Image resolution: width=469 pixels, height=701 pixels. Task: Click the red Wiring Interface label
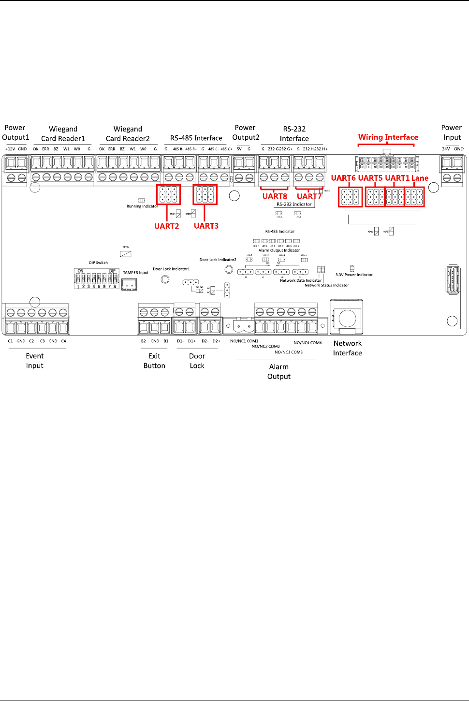(388, 137)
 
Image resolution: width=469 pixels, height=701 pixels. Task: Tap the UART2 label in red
(166, 226)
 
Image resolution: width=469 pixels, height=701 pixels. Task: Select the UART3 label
(206, 226)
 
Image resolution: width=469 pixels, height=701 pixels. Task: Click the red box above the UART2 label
(168, 194)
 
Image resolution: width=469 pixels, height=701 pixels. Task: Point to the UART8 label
(275, 196)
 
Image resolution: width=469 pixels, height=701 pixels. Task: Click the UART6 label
(343, 178)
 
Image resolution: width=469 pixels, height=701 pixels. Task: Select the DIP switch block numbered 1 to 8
(96, 279)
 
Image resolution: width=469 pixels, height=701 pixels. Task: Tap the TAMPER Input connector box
(129, 285)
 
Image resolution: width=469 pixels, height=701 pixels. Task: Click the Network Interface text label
(347, 348)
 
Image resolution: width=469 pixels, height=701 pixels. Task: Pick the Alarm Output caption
(279, 372)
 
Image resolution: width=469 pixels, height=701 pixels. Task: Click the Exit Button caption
(154, 361)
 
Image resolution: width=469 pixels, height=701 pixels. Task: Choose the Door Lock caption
(197, 361)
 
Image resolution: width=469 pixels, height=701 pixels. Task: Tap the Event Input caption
(35, 361)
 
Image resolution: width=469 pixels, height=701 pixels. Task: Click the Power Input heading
(452, 132)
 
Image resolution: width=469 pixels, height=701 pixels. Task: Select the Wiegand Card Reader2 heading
(128, 134)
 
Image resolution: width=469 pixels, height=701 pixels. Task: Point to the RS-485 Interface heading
(196, 138)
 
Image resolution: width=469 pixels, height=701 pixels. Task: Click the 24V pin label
(446, 149)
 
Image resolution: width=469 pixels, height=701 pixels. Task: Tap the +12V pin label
(10, 149)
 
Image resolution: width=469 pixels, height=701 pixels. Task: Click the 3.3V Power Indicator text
(354, 275)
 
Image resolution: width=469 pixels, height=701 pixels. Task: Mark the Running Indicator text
(142, 206)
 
